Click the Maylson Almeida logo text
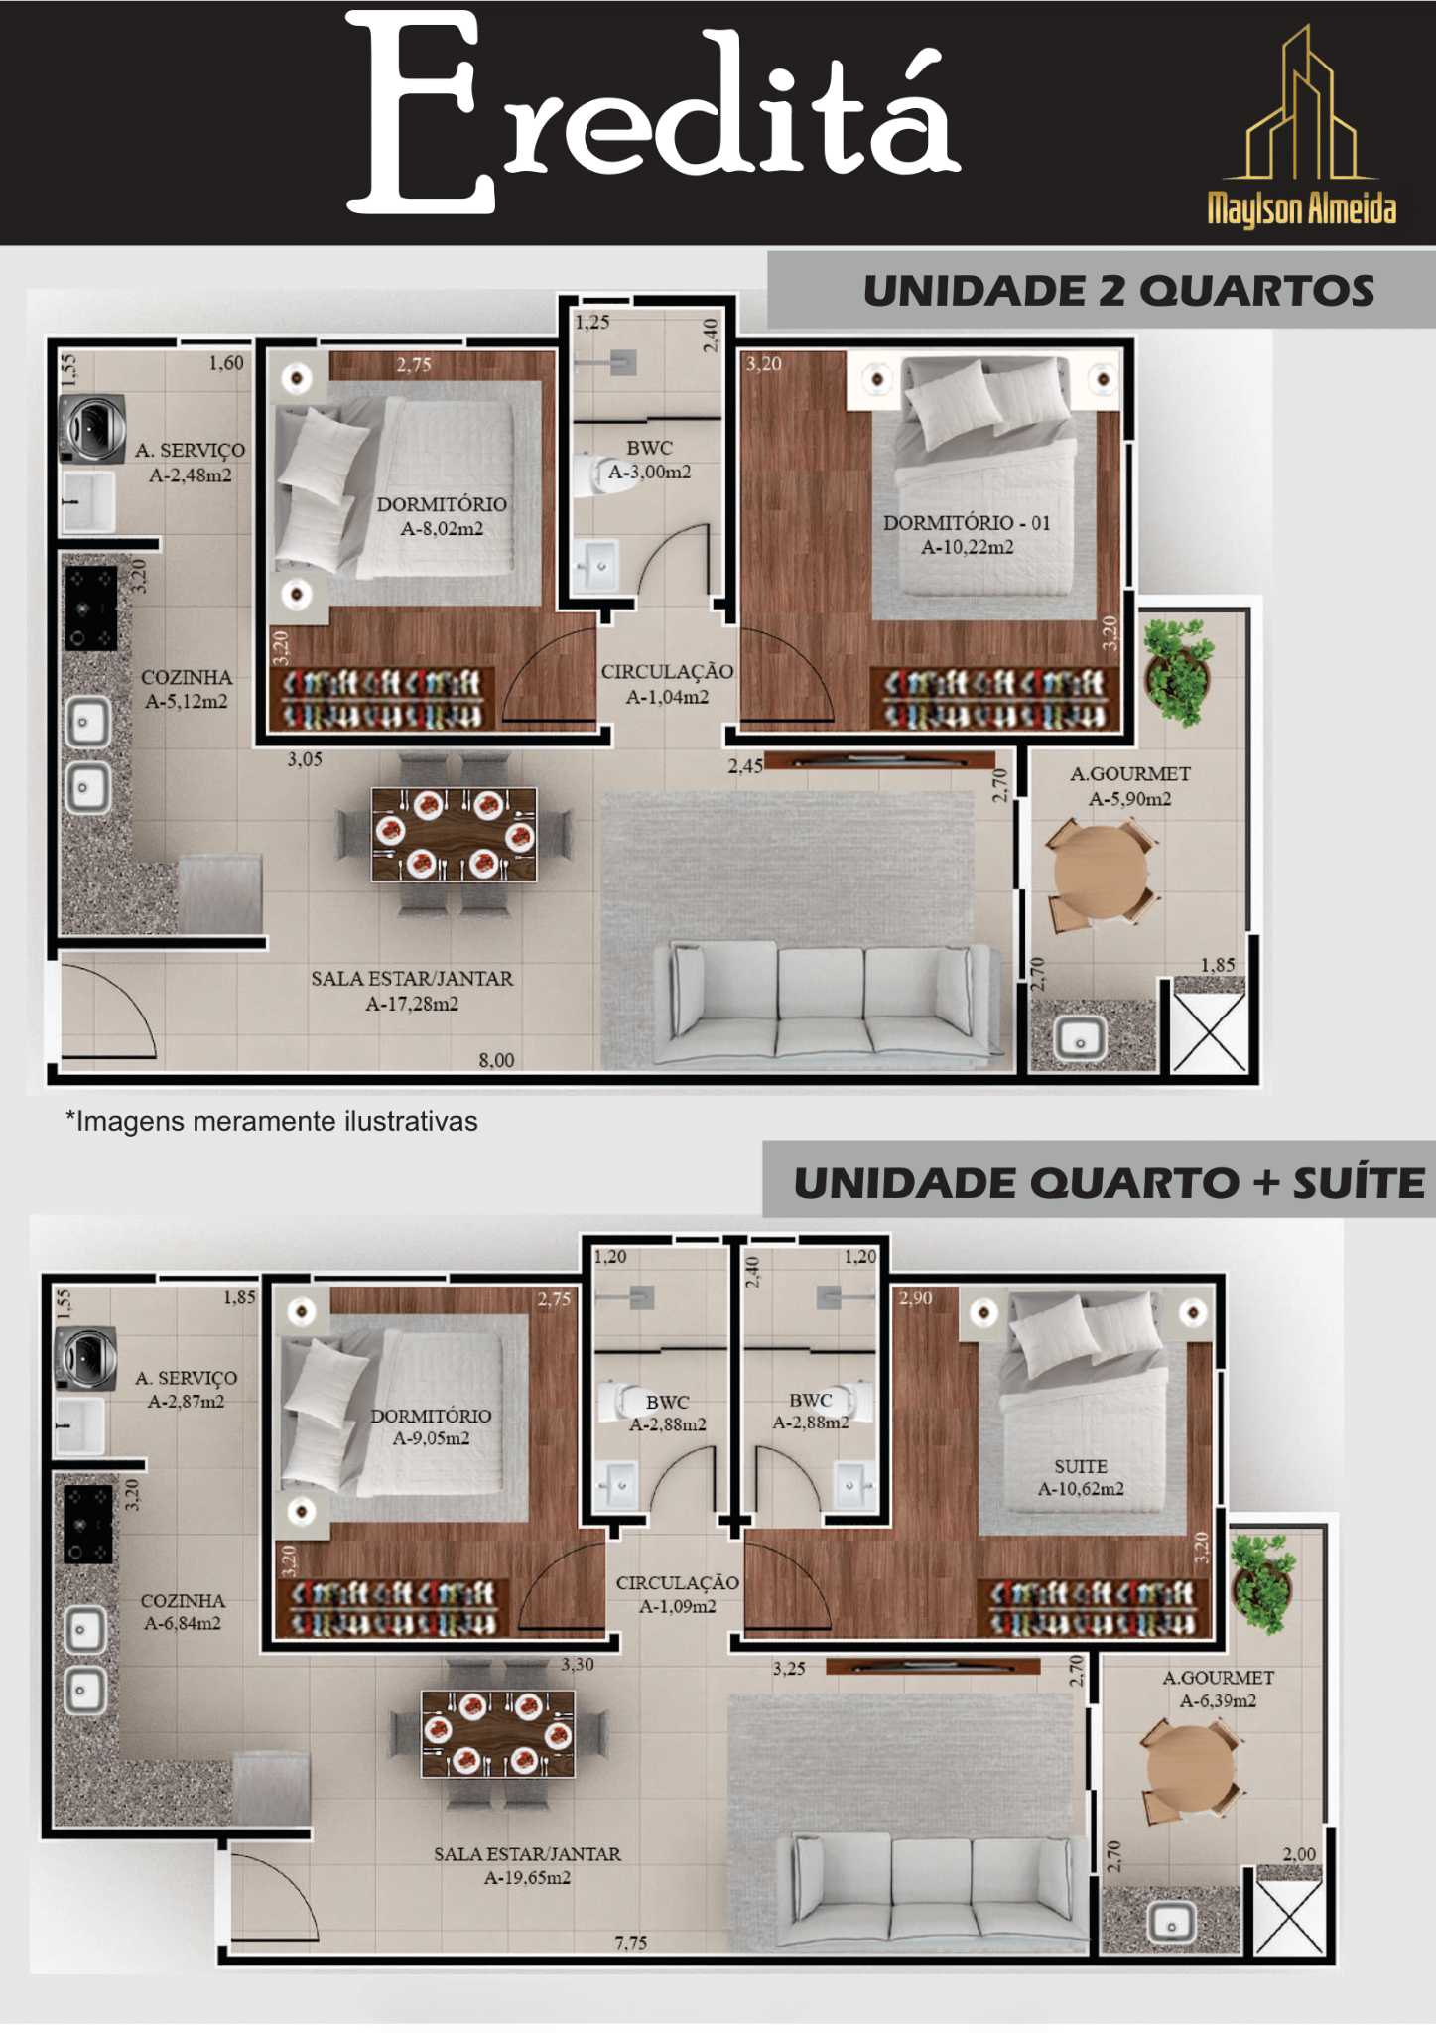coord(1301,208)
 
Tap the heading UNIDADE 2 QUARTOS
coord(1118,291)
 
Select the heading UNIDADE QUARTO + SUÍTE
coord(1109,1182)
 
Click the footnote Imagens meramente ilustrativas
coord(272,1121)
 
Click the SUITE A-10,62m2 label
coord(1081,1477)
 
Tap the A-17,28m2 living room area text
coord(412,1004)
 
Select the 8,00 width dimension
coord(496,1060)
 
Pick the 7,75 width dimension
coord(630,1943)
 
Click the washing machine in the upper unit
coord(92,429)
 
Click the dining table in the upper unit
coord(454,835)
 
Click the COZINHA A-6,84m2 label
coord(183,1612)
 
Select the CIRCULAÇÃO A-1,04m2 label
coord(667,684)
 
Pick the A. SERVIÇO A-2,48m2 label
coord(191,463)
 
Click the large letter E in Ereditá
coord(421,113)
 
